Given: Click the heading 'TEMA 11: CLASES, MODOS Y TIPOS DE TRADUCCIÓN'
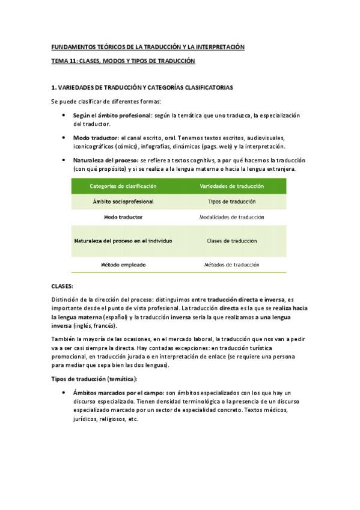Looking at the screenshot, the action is pyautogui.click(x=123, y=61).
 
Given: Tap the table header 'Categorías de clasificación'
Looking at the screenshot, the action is pyautogui.click(x=123, y=186).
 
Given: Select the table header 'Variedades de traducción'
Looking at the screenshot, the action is pyautogui.click(x=231, y=186).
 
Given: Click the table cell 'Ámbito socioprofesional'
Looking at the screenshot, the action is pyautogui.click(x=123, y=201).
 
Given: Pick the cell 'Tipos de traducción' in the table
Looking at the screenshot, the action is pyautogui.click(x=231, y=201).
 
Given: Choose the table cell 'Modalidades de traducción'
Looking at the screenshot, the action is pyautogui.click(x=231, y=217).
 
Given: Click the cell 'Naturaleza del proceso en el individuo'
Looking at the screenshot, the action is pyautogui.click(x=123, y=241).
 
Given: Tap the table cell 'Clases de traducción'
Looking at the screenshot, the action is pyautogui.click(x=231, y=241).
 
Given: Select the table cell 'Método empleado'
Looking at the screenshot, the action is pyautogui.click(x=123, y=265).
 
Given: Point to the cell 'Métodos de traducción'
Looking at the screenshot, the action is pyautogui.click(x=231, y=265).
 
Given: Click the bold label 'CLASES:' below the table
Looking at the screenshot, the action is pyautogui.click(x=61, y=286).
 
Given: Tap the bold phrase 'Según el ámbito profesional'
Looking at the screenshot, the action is pyautogui.click(x=112, y=115).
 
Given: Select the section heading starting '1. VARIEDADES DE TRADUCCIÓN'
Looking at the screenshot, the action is pyautogui.click(x=142, y=87).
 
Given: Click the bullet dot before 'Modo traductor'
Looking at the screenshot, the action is pyautogui.click(x=64, y=138).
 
